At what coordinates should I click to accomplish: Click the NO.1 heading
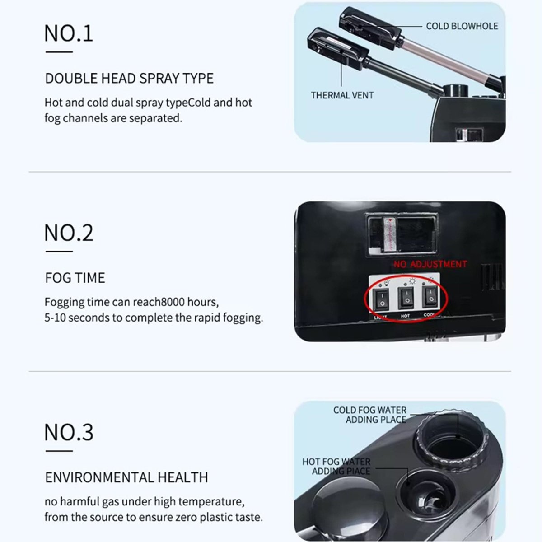tap(69, 34)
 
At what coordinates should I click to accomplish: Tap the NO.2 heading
tap(69, 233)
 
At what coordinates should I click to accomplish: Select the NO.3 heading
tap(69, 432)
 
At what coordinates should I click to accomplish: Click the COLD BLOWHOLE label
tap(462, 26)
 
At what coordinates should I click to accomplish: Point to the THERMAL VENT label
tap(342, 95)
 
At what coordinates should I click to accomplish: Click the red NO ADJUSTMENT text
tap(430, 264)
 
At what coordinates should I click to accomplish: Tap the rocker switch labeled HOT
tap(406, 298)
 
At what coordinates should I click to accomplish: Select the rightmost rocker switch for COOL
tap(430, 297)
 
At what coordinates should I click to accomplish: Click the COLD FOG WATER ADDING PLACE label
tap(370, 415)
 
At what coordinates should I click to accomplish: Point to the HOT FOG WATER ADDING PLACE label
tap(336, 466)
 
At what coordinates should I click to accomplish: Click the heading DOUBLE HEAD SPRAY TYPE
tap(129, 79)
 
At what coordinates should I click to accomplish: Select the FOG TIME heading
tap(75, 278)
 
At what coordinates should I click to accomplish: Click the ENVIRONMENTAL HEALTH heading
tap(126, 477)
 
